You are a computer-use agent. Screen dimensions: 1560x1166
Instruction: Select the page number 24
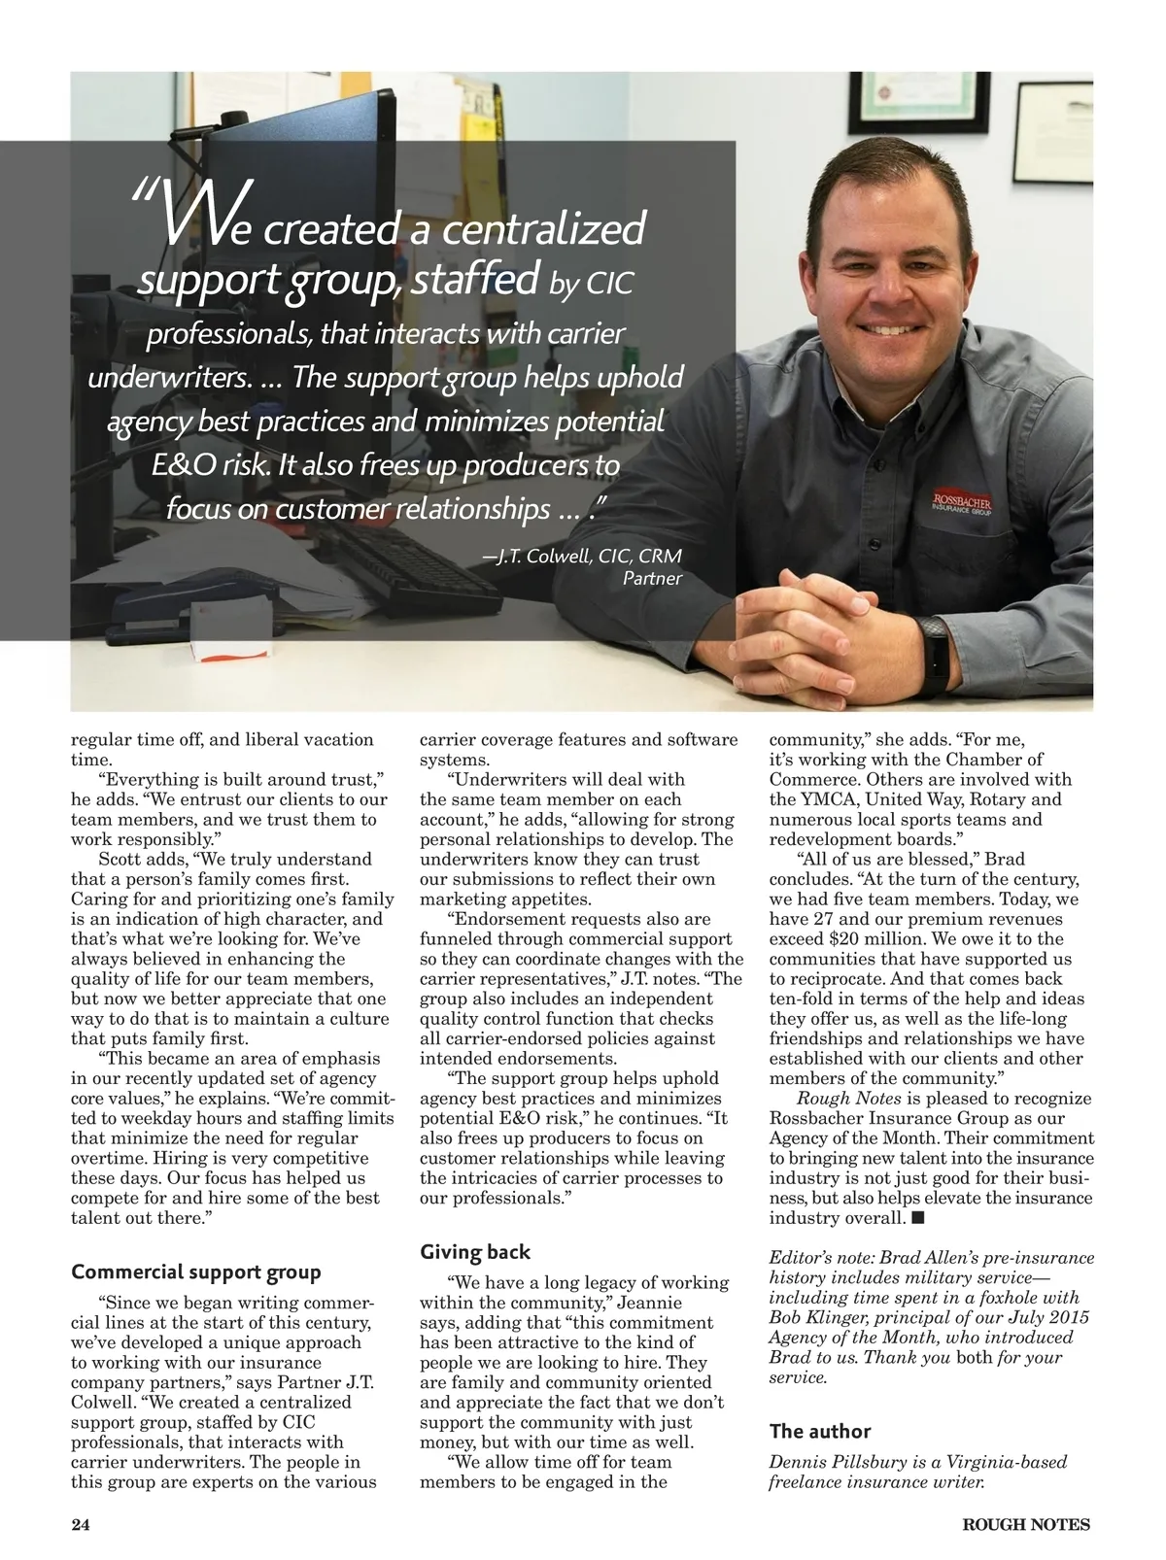[81, 1524]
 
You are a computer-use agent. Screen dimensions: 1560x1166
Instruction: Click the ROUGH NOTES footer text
[1026, 1524]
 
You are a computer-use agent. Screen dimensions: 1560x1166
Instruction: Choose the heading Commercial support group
[196, 1272]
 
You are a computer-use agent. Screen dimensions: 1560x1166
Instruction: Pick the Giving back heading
[475, 1252]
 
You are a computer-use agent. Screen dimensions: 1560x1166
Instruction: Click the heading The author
[820, 1431]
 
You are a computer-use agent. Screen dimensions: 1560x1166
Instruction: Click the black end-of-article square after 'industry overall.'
[918, 1217]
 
